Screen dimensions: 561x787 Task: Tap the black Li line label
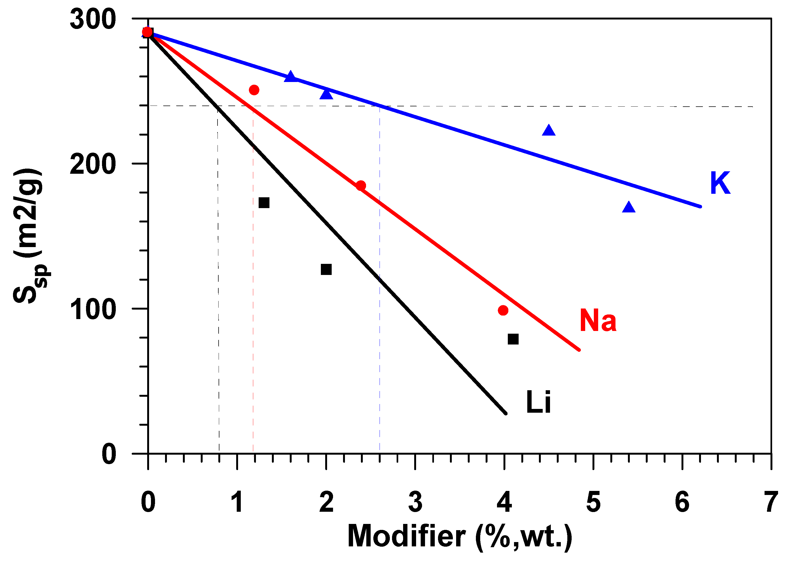(x=538, y=402)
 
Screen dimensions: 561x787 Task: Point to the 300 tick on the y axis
(x=93, y=19)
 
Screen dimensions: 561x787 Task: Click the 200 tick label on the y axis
(x=93, y=164)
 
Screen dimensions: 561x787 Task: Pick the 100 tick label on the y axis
(x=93, y=309)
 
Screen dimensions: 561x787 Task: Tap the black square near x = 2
(x=326, y=269)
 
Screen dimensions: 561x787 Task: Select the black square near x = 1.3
(x=264, y=203)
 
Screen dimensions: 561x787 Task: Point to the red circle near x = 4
(x=503, y=310)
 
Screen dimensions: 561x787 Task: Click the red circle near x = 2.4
(x=361, y=185)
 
